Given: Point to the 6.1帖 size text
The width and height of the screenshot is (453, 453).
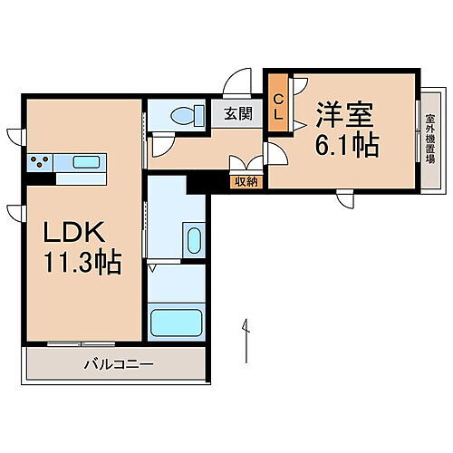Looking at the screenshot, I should (x=346, y=144).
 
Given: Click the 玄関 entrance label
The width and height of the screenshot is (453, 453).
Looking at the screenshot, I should (x=238, y=115).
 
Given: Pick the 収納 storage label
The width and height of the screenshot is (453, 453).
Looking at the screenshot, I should (x=246, y=182).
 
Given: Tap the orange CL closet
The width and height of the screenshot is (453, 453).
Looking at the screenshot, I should (x=278, y=107).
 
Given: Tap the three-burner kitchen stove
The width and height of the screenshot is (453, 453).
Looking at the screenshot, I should (x=40, y=163).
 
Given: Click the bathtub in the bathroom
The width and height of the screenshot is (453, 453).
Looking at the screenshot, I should (x=177, y=322).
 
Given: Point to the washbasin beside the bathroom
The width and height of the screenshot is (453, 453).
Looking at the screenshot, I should (x=193, y=242).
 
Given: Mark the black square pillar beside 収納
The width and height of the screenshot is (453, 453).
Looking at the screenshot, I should (x=196, y=181).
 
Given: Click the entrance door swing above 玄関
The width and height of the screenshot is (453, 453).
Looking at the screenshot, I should (x=237, y=83).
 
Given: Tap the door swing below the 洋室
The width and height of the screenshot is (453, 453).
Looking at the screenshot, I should (x=345, y=198).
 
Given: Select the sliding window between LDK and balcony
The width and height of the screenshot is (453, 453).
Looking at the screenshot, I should (x=82, y=342).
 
